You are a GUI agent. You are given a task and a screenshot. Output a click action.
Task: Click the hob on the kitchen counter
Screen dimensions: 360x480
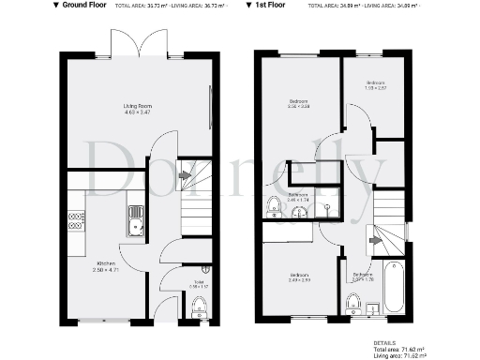point(75,221)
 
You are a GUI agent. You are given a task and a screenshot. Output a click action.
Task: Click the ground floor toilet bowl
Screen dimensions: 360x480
point(198,307)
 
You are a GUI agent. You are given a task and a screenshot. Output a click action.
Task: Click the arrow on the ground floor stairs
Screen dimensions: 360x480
point(186,175)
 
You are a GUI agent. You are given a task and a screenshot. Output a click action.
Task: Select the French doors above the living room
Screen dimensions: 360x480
point(137,43)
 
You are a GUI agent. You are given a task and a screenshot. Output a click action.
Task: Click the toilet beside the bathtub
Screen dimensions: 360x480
point(354,302)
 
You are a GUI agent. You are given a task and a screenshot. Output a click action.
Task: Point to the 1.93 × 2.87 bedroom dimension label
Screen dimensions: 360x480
point(375,88)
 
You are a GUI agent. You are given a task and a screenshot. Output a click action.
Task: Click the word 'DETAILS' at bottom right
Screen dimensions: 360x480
point(383,343)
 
